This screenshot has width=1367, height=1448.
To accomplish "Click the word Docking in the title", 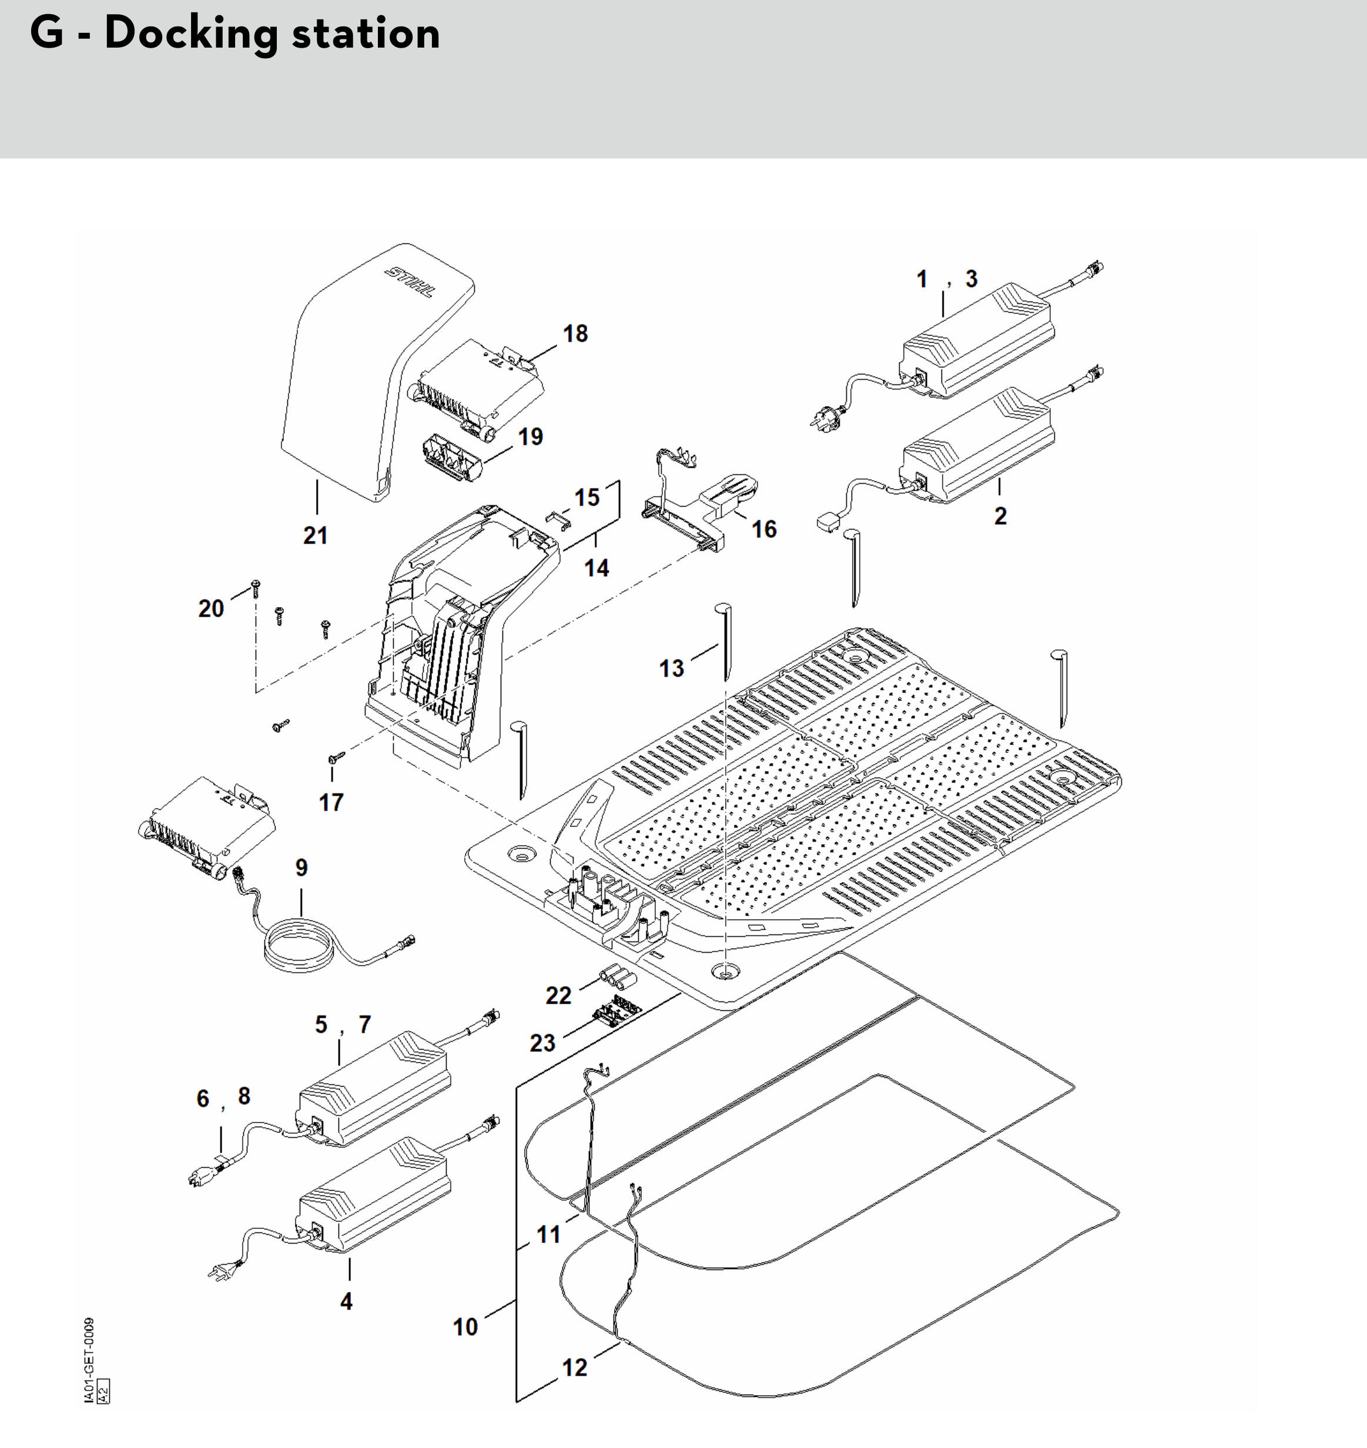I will tap(192, 33).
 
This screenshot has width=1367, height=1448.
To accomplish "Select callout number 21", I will tap(316, 535).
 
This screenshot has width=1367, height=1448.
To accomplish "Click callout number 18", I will tap(575, 334).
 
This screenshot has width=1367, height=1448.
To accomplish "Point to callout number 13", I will tap(671, 668).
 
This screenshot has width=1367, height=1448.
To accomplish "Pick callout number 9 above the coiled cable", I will tap(301, 867).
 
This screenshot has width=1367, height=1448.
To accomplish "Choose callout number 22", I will tap(559, 995).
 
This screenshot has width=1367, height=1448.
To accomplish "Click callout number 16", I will tap(763, 529).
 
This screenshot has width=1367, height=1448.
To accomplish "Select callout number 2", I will tap(1000, 516).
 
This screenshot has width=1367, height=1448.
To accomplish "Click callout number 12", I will tap(575, 1367).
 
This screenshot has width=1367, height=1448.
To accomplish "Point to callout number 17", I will tap(331, 802).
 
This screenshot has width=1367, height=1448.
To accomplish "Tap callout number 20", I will tap(212, 608).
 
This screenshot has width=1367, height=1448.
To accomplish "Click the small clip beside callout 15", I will tap(558, 519).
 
